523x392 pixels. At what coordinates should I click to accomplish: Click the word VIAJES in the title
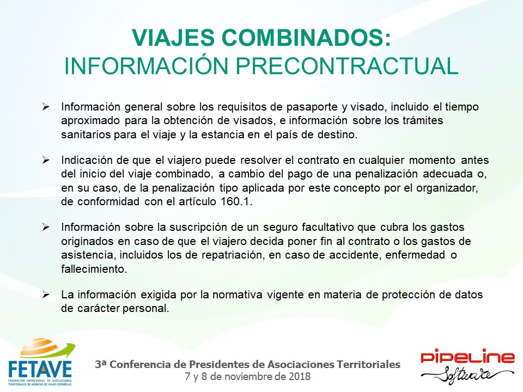coord(173,38)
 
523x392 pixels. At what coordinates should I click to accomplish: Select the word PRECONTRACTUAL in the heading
coord(347,66)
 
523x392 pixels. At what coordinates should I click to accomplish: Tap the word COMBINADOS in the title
coord(302,38)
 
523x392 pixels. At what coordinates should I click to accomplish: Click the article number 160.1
coord(236,201)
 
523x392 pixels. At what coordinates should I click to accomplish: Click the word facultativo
coord(328,227)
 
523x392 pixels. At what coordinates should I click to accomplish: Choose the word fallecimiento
coord(94,268)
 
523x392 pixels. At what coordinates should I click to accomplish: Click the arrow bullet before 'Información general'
coord(46,107)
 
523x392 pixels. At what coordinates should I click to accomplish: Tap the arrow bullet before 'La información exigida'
coord(46,295)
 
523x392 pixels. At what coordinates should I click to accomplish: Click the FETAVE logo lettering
coord(40,369)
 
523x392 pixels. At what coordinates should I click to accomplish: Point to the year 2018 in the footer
coord(300,376)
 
